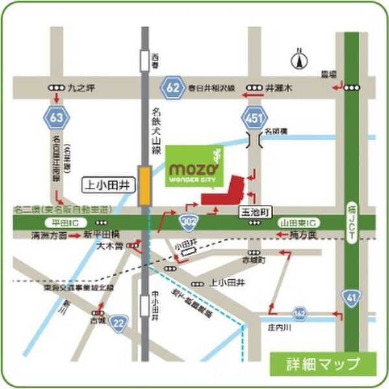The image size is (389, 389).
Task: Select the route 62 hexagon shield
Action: (x=172, y=85)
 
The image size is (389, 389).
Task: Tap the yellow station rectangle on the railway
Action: (x=145, y=186)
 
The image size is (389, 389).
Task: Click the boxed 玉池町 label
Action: (x=255, y=212)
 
